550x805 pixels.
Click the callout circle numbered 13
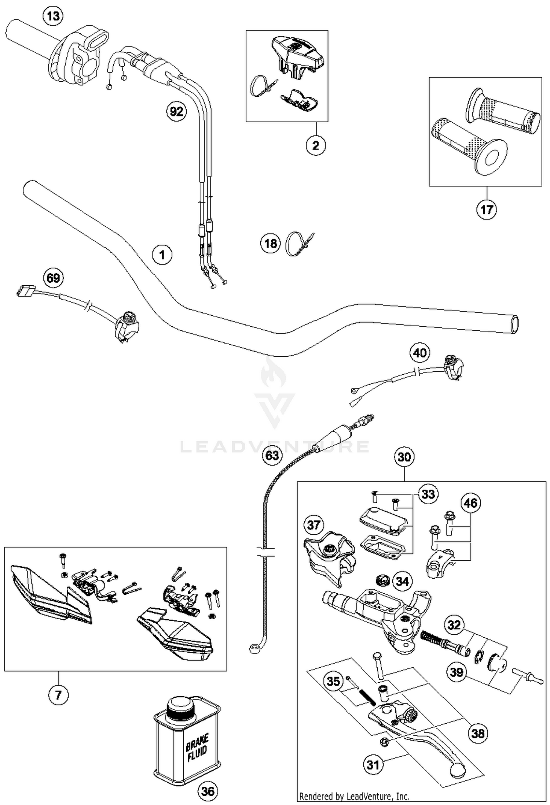[53, 16]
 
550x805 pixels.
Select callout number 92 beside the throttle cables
[176, 111]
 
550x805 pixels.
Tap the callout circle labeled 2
[316, 145]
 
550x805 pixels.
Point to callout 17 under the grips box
[487, 209]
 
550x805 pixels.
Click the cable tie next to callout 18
[296, 244]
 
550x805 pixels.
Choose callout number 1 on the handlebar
[162, 254]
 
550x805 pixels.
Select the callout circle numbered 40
[419, 353]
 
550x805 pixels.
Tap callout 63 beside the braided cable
[272, 455]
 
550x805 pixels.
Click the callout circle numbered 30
[404, 457]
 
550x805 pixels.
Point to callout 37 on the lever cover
[314, 525]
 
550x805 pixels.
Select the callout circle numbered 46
[470, 503]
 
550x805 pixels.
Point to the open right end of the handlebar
[515, 324]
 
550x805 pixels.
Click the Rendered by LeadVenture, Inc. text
[354, 796]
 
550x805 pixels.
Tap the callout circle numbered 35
[333, 681]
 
